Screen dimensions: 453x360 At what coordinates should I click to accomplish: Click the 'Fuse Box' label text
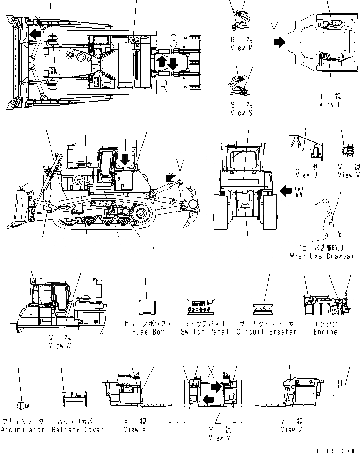click(x=148, y=332)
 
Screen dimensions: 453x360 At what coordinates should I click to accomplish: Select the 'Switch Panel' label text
click(x=204, y=332)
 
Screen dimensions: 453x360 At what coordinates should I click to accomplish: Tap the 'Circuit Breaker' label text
click(x=266, y=332)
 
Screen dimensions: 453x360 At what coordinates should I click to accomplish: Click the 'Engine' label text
click(x=325, y=332)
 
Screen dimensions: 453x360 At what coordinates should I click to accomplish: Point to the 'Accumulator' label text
click(x=22, y=430)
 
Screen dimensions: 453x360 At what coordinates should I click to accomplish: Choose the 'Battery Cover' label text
click(x=78, y=430)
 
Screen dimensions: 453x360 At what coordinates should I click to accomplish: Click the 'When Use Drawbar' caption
click(x=321, y=256)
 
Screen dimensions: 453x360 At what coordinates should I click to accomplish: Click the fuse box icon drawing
click(x=147, y=307)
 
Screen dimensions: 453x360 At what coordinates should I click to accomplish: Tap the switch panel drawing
click(x=202, y=307)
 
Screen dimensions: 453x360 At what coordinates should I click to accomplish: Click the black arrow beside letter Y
click(x=279, y=43)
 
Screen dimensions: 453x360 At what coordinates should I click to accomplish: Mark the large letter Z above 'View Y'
click(x=218, y=416)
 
